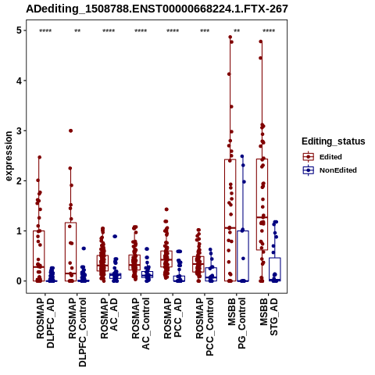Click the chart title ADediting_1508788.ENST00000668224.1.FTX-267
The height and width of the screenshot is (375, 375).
[157, 9]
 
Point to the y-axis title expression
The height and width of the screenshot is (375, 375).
[9, 156]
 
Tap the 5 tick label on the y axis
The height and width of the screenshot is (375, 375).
[19, 30]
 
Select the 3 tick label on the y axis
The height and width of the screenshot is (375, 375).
[19, 130]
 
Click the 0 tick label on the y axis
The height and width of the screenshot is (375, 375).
[19, 281]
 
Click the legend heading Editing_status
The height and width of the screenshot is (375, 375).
[334, 141]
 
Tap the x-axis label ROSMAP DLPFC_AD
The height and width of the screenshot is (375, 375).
[45, 323]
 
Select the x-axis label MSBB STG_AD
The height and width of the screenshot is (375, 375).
[269, 316]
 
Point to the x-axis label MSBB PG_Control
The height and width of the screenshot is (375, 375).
[237, 323]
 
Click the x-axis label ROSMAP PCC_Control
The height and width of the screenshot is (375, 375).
[205, 327]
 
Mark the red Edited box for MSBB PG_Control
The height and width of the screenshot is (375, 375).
[230, 220]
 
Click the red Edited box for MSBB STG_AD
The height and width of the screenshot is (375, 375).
[262, 205]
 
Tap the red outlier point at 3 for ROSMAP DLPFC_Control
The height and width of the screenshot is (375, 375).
[70, 130]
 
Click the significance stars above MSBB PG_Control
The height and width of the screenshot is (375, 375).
[237, 31]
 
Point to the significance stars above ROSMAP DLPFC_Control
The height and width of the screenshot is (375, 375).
[77, 31]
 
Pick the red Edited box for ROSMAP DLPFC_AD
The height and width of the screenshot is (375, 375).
[39, 255]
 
